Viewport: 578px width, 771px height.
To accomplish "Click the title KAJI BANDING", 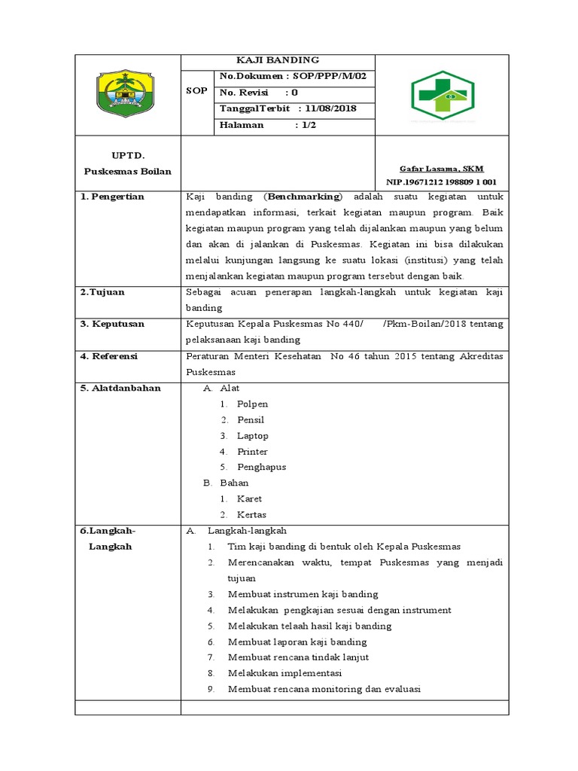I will (x=278, y=60).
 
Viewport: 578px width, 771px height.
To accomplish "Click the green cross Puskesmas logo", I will (x=443, y=95).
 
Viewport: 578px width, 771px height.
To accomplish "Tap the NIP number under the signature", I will (x=441, y=182).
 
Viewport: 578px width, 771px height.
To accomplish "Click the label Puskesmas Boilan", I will (x=127, y=171).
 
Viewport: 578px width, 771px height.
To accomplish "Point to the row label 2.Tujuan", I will (x=103, y=292).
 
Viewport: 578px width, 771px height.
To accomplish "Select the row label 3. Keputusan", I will (x=113, y=324).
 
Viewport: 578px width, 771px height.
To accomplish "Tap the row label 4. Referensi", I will (x=111, y=356).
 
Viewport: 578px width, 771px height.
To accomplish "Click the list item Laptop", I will (x=253, y=436).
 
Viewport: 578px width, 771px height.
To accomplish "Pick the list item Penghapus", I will (x=261, y=467).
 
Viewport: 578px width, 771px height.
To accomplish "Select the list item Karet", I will (x=249, y=498).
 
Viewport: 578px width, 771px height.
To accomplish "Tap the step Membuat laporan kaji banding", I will (x=297, y=641).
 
